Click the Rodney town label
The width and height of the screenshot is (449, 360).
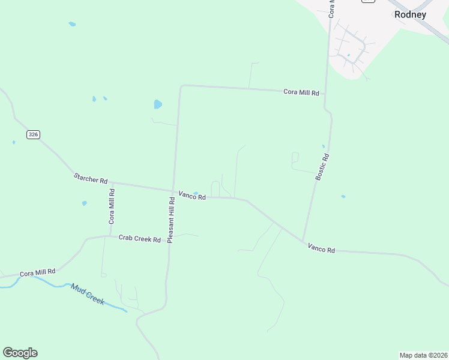(410, 15)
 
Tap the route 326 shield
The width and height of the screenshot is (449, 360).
(33, 135)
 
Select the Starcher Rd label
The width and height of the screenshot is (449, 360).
(90, 178)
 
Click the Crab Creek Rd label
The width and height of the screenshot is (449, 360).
(139, 239)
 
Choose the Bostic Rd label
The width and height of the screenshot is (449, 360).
(322, 167)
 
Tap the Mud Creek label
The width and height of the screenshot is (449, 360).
(88, 295)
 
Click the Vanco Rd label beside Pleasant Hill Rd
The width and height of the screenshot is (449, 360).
(192, 196)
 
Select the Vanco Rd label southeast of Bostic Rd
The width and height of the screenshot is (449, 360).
(321, 247)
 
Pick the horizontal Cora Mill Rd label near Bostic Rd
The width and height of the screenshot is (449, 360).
(301, 92)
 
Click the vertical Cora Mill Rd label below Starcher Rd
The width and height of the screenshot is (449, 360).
(112, 206)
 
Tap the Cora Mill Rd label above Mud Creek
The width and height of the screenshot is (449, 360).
(37, 272)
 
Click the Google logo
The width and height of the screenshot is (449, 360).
(20, 353)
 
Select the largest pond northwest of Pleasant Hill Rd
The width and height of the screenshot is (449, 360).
(158, 104)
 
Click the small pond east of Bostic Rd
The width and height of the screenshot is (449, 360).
(343, 196)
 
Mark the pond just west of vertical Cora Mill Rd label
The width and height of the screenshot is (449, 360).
(85, 203)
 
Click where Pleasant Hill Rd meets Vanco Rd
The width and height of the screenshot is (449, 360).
(173, 191)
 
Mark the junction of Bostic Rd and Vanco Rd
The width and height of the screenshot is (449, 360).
(303, 242)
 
